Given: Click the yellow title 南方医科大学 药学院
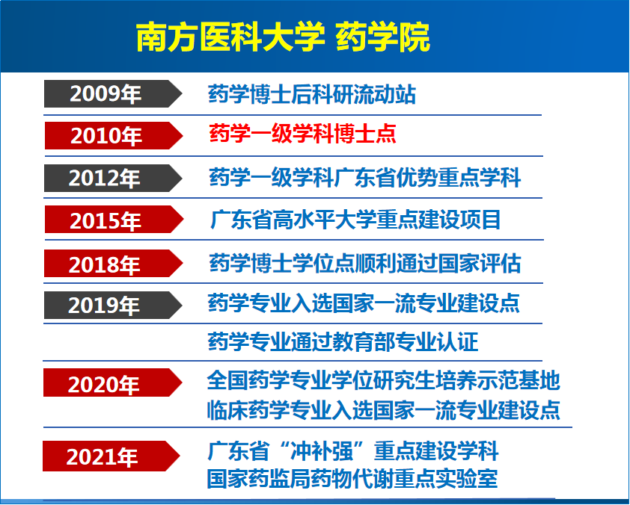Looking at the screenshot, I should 283,37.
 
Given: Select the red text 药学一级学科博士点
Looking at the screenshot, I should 302,134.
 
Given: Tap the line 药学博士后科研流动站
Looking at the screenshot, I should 311,94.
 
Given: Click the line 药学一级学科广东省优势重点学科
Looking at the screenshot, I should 364,178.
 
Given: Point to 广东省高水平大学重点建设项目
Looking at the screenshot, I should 355,220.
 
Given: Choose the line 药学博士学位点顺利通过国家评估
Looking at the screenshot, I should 364,263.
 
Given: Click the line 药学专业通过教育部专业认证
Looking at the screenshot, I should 343,342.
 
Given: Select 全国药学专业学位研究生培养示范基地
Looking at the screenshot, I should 383,380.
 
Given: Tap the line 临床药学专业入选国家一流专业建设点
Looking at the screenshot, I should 383,409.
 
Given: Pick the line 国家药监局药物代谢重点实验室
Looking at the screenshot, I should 352,478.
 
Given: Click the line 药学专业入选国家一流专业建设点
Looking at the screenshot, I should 364,303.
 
